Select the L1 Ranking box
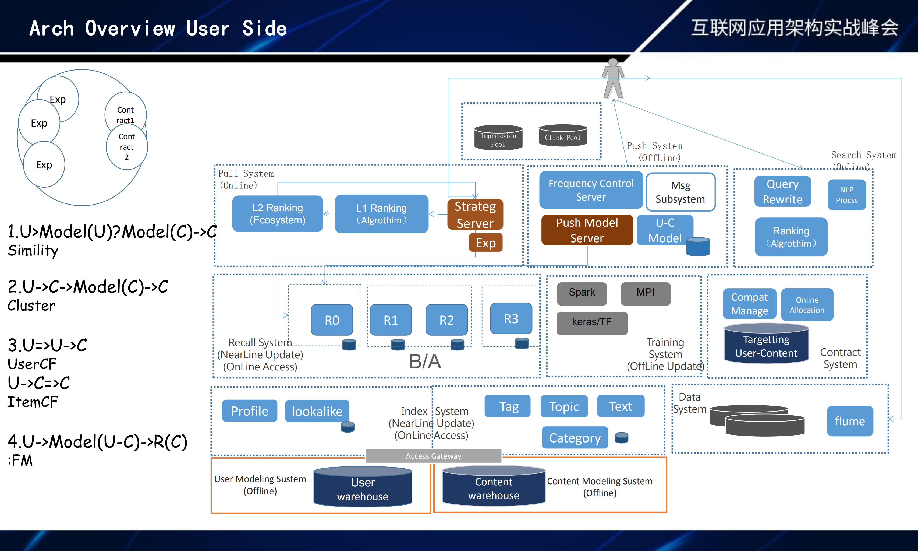381,214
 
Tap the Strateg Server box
475,215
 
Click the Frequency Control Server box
591,190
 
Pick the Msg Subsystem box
680,192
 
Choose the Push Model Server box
587,230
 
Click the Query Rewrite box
783,192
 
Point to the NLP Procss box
846,195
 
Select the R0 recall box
332,320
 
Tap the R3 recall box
511,319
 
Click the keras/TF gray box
591,322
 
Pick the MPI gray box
645,293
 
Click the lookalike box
317,411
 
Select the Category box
575,438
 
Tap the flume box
850,421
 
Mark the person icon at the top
613,79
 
